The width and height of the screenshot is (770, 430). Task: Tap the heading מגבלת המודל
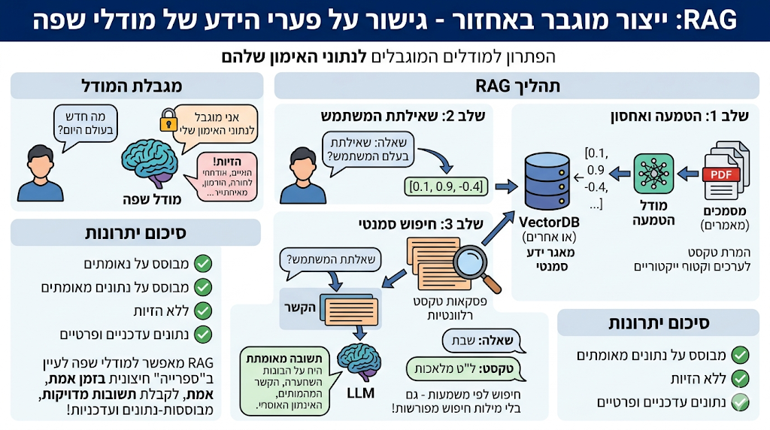click(136, 86)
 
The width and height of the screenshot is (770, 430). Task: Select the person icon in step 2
click(302, 174)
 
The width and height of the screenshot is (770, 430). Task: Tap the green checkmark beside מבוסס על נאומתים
click(203, 263)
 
